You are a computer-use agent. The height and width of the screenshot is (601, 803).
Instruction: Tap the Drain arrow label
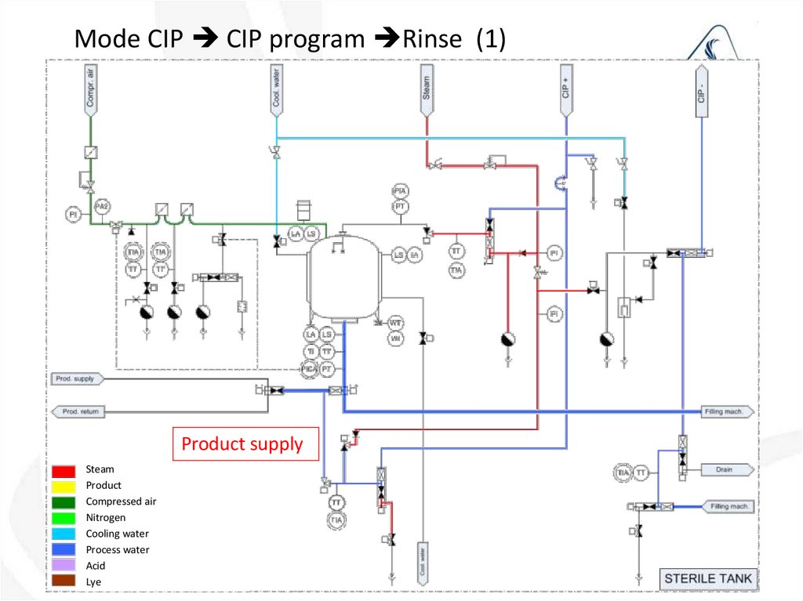pos(725,470)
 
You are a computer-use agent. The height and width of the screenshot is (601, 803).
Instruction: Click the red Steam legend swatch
pos(64,470)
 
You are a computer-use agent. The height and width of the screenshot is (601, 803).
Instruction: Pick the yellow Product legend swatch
pos(64,486)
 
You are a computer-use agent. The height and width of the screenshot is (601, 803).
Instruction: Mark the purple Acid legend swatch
pos(64,566)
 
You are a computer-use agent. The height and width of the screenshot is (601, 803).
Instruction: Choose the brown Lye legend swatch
pos(64,581)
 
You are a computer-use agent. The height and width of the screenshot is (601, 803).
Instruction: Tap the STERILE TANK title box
pos(707,580)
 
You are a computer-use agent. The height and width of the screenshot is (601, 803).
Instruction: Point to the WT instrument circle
pos(396,323)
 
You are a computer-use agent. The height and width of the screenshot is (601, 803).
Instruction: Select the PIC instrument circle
pos(310,367)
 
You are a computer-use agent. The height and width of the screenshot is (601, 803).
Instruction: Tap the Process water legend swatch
pos(64,550)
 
